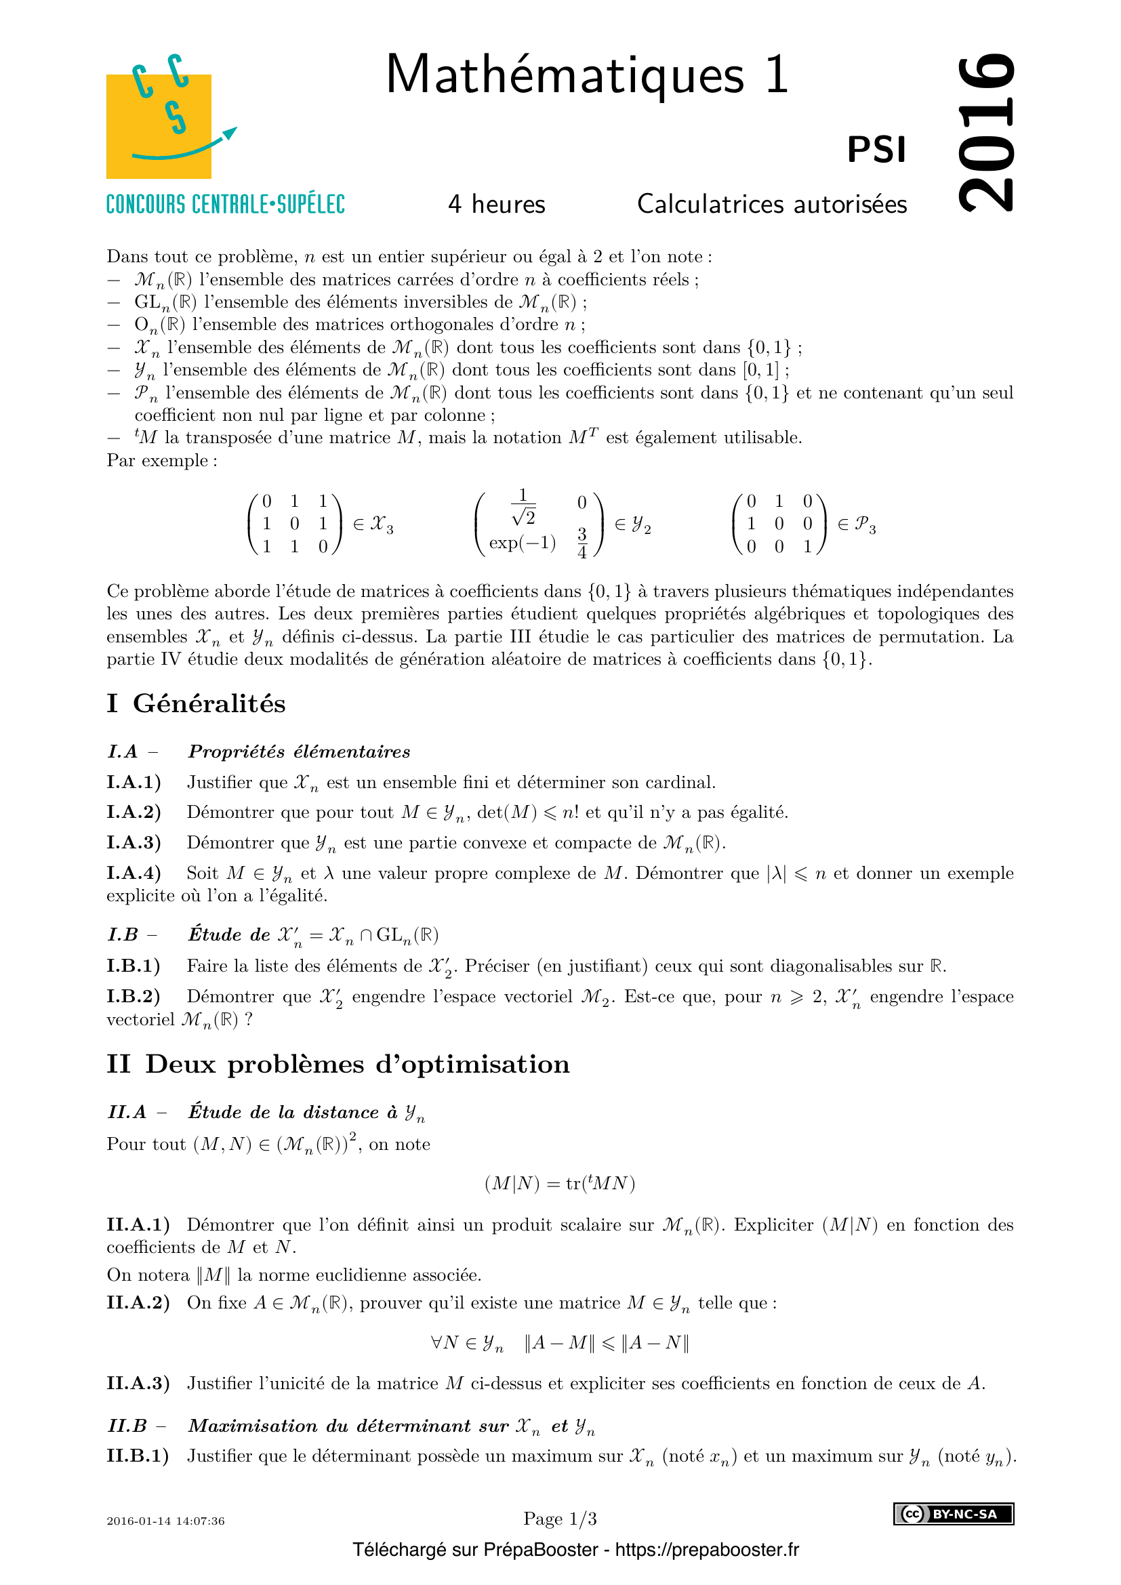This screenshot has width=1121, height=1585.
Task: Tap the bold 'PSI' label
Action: tap(876, 150)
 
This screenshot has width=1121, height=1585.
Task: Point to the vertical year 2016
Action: tap(986, 131)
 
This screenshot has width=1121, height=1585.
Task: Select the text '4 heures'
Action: tap(496, 205)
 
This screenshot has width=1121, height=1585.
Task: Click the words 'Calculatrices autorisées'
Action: tap(772, 205)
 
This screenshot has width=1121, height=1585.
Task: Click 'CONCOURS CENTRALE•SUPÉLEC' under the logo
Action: tap(225, 205)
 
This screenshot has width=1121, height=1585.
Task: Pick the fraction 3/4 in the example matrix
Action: tap(582, 543)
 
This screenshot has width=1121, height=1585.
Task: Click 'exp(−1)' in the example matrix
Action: tap(523, 543)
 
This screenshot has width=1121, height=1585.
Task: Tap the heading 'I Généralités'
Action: tap(196, 703)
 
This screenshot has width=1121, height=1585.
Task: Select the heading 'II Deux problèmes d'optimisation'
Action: tap(338, 1065)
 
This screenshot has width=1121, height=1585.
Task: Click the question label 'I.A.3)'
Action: tap(134, 843)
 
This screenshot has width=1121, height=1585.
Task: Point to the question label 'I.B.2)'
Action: tap(134, 997)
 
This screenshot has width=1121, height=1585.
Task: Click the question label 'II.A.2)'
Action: tap(138, 1302)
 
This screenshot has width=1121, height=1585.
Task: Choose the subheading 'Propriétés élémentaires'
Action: tap(299, 752)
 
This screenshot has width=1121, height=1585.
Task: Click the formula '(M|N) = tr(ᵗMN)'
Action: tap(559, 1183)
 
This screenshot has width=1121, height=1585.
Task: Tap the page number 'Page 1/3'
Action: tap(560, 1519)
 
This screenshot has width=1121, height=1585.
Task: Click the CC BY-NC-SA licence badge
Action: tap(954, 1514)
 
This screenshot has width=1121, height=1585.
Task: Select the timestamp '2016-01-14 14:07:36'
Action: tap(165, 1521)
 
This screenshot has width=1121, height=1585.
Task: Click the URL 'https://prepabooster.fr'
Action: tap(707, 1550)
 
